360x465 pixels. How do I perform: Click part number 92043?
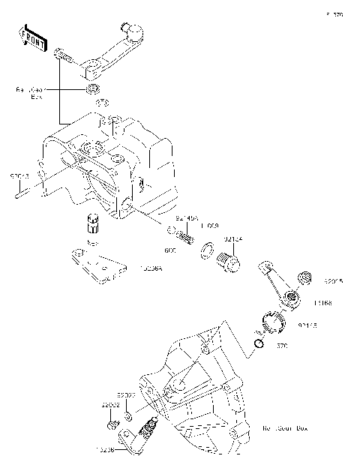19,175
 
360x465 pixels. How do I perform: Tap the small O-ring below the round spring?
259,343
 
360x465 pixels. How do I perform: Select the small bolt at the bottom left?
112,425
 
